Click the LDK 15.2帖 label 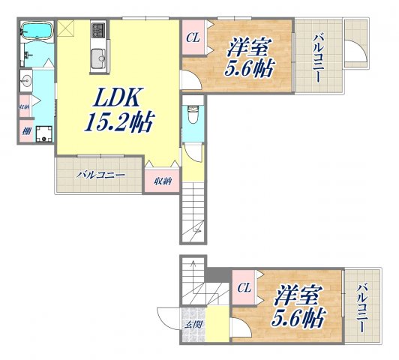(119, 110)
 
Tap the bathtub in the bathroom (37, 31)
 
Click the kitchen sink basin (98, 58)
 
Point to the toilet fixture (193, 115)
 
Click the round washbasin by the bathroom (26, 81)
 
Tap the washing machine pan (43, 133)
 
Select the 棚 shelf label (26, 131)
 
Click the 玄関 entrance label (193, 325)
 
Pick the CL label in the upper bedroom (193, 38)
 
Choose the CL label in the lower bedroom (244, 288)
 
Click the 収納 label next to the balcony (163, 181)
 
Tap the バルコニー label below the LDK (101, 175)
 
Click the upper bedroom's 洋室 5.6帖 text (248, 57)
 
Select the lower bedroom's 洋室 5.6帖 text (298, 306)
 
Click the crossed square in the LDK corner (66, 28)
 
